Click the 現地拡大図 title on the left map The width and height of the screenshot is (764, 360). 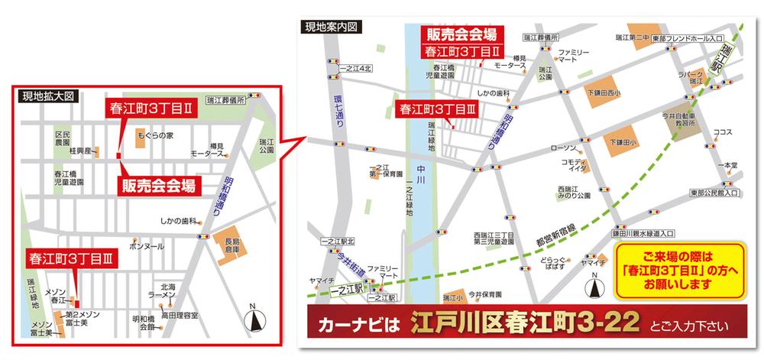47,97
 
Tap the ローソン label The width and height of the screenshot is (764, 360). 562,148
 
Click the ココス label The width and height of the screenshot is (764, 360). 722,132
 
